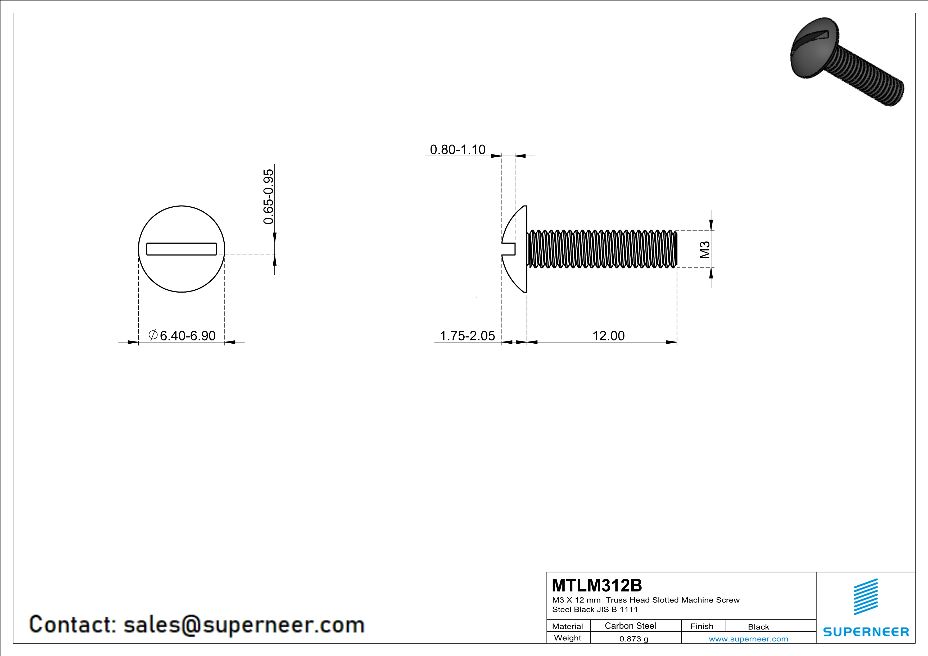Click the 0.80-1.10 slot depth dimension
pyautogui.click(x=457, y=150)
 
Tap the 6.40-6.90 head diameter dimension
pyautogui.click(x=188, y=336)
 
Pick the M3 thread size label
pyautogui.click(x=704, y=250)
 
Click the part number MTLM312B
pyautogui.click(x=596, y=585)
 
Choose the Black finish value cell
pyautogui.click(x=758, y=627)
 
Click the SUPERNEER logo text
pyautogui.click(x=866, y=632)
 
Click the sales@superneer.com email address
pyautogui.click(x=244, y=625)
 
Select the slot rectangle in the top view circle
pyautogui.click(x=182, y=249)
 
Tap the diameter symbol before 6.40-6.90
pyautogui.click(x=153, y=335)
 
